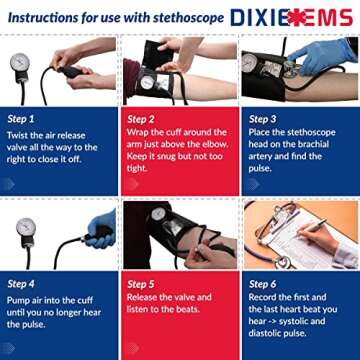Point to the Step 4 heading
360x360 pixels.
pos(23,283)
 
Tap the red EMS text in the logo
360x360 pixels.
pos(328,17)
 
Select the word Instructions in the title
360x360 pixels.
pos(45,17)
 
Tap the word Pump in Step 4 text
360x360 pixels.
pos(19,297)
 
